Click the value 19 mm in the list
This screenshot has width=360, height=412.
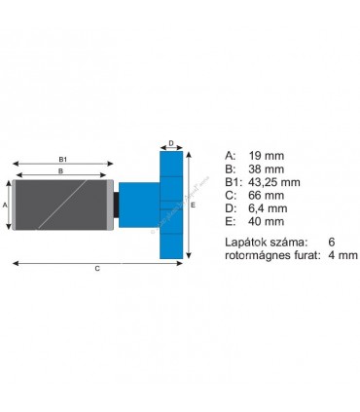(266, 156)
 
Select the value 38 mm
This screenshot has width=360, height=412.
(266, 169)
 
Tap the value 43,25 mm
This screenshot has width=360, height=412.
(274, 182)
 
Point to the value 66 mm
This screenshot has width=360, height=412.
(266, 196)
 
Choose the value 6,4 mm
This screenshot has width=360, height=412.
(268, 208)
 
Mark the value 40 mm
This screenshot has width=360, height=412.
(266, 222)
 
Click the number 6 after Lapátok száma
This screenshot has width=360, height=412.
(331, 242)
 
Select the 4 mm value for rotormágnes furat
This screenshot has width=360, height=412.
(342, 255)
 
